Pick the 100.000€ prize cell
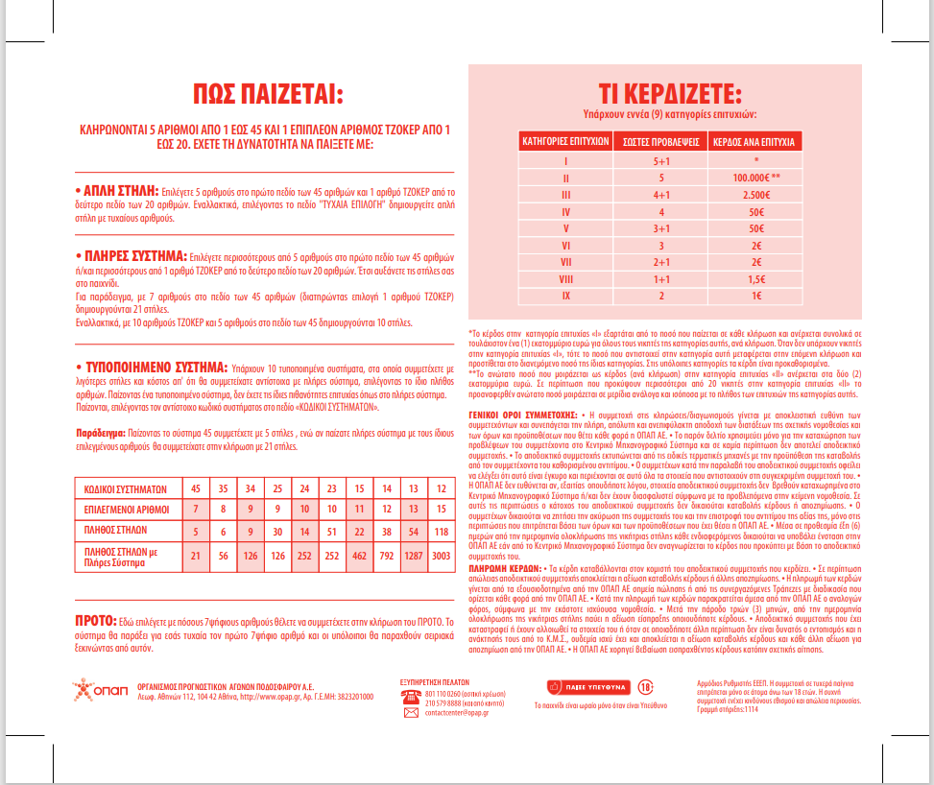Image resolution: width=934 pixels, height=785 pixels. pos(757,178)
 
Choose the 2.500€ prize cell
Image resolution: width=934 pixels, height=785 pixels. pos(755,195)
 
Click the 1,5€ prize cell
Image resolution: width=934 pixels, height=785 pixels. pos(755,278)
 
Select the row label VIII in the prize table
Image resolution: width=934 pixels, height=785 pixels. pos(566,278)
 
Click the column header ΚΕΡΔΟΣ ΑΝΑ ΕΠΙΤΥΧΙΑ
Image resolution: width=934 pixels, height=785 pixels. pos(755,142)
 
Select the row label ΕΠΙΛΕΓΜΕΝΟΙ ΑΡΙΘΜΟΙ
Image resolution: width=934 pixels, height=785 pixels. pos(126,508)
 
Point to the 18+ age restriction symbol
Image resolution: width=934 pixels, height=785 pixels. pos(620,687)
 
